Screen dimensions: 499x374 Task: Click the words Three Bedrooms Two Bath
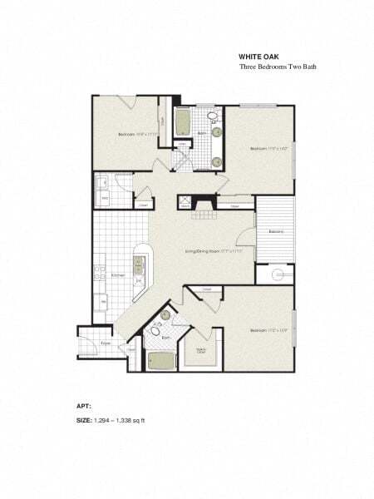(x=278, y=66)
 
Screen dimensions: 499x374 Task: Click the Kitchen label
(x=117, y=274)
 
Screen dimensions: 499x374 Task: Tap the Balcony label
(x=278, y=231)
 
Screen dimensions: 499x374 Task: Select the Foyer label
(x=106, y=342)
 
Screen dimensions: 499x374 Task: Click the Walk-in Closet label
(x=202, y=351)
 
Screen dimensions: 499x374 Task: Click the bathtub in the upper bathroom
(x=182, y=125)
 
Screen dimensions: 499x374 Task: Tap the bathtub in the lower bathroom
(x=160, y=361)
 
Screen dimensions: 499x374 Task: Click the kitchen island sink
(x=139, y=267)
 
